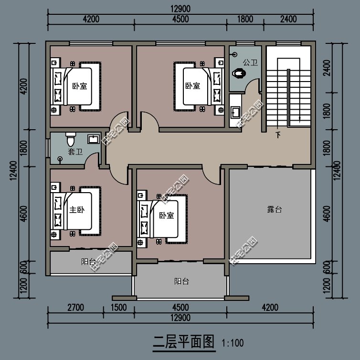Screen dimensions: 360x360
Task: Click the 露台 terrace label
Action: click(x=273, y=210)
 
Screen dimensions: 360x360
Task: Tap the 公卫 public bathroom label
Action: click(x=250, y=62)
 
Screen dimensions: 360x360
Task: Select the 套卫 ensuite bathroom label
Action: click(x=74, y=152)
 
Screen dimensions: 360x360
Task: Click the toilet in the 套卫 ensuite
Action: click(x=71, y=140)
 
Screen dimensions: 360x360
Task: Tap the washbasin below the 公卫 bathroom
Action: click(x=235, y=112)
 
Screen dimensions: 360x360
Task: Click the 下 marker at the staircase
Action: click(x=278, y=135)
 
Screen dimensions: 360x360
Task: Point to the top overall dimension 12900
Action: click(x=180, y=9)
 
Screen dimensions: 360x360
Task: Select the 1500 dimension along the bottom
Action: click(x=119, y=308)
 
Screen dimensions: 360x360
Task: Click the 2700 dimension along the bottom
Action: click(x=75, y=308)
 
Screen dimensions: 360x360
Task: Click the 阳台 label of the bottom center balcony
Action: click(x=181, y=282)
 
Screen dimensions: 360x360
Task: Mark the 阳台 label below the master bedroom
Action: click(x=88, y=262)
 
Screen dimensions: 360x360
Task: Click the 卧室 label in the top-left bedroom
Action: click(x=79, y=86)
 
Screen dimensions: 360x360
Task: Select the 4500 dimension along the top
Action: click(x=180, y=20)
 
